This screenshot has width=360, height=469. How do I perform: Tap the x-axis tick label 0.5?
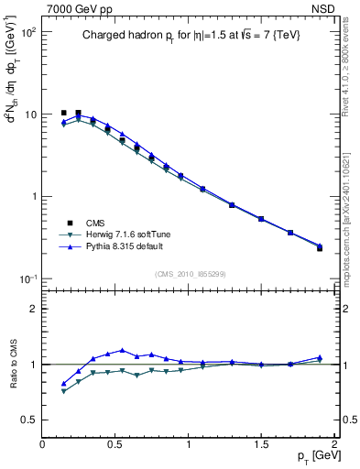115,444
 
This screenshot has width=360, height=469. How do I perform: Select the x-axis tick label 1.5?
261,444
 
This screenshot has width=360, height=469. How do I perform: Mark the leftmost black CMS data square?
63,113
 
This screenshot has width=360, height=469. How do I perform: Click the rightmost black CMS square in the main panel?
320,248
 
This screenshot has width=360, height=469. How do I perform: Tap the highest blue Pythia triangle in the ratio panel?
122,350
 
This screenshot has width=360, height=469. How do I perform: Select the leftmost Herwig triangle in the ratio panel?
63,391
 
